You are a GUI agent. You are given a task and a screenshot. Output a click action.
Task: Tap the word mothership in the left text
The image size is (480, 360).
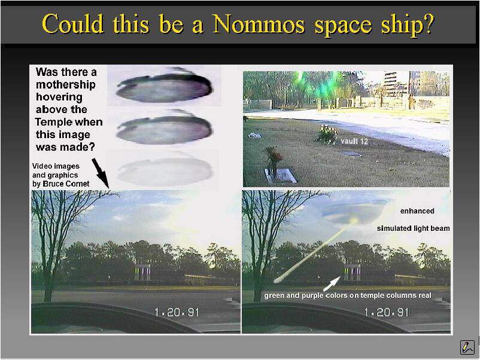click(65, 84)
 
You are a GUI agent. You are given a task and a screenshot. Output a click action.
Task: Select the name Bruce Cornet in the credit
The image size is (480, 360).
click(66, 184)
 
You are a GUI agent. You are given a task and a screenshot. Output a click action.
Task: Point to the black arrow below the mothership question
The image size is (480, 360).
click(100, 173)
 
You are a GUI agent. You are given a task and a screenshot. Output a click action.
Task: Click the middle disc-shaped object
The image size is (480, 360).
click(165, 129)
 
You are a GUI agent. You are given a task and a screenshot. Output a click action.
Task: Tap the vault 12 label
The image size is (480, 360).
click(354, 141)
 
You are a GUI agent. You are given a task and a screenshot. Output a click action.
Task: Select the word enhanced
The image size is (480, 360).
click(417, 211)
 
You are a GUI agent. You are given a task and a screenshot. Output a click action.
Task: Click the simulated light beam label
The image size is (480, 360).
click(413, 228)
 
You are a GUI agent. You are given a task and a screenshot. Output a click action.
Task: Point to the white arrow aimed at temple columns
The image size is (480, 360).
click(332, 283)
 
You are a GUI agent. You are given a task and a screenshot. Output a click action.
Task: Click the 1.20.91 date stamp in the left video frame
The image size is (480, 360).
click(177, 312)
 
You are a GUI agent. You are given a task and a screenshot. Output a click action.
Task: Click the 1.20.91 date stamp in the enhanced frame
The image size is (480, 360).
click(386, 312)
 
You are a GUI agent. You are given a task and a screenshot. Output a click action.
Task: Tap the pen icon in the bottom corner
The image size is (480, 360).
click(467, 347)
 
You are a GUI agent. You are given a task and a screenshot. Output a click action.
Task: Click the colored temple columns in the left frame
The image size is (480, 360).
click(142, 273)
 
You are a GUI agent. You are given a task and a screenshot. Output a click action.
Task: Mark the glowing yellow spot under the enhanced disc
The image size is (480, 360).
click(354, 221)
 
